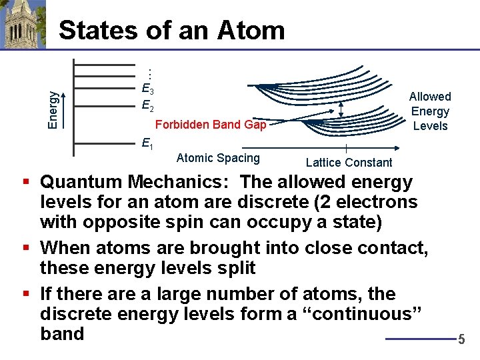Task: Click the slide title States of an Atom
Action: point(171,30)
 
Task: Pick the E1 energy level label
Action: point(147,142)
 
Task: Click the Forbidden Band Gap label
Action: point(210,125)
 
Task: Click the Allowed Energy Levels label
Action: point(430,111)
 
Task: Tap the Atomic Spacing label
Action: point(218,158)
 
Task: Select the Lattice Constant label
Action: point(349,163)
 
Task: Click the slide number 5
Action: point(461,340)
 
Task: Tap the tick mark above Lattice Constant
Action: point(345,149)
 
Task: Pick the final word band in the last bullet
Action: point(62,333)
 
